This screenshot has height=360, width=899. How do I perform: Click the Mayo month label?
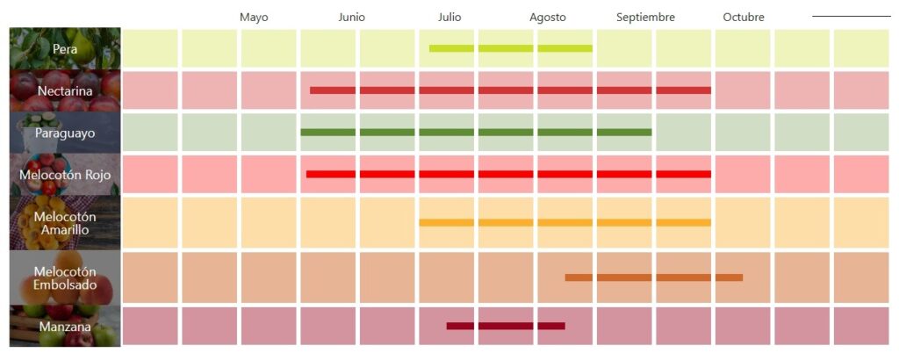[254, 18]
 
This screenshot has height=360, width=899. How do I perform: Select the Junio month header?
[351, 18]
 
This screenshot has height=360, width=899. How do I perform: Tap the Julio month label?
[449, 18]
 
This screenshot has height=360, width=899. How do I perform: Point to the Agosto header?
[548, 18]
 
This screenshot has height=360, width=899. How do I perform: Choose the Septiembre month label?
[645, 18]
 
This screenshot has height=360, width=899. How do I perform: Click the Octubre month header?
[744, 18]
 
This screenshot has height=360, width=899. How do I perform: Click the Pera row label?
[65, 49]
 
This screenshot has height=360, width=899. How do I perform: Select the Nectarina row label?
[65, 90]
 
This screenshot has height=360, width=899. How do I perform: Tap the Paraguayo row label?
[65, 133]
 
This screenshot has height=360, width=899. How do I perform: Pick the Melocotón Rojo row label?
[65, 175]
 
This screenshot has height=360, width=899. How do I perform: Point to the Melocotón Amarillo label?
[65, 223]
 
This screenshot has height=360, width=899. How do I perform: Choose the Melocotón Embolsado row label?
[65, 277]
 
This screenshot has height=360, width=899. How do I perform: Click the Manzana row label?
[65, 327]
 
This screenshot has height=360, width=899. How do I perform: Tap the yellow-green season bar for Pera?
[510, 48]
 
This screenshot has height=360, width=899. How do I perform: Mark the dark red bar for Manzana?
[505, 326]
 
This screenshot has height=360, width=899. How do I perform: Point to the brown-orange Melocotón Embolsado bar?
[653, 277]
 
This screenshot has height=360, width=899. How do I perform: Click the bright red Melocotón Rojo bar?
[508, 174]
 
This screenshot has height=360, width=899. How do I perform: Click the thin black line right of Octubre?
[851, 16]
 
